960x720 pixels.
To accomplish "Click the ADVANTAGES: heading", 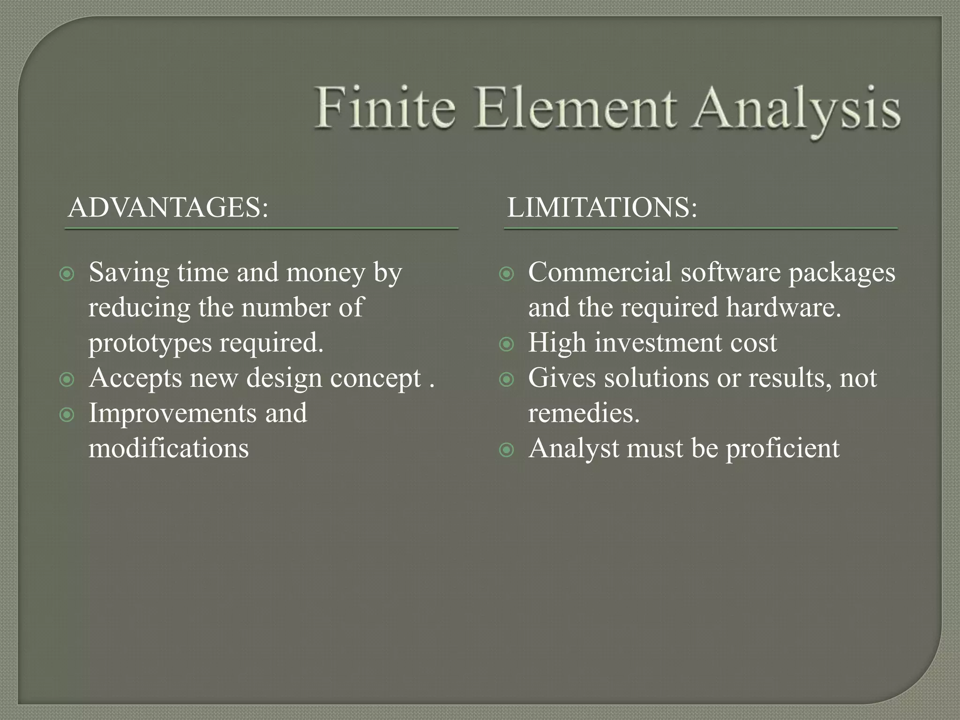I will pyautogui.click(x=168, y=208).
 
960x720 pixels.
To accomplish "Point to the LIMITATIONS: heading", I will pyautogui.click(x=602, y=208).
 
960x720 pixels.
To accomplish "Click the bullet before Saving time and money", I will pyautogui.click(x=67, y=274).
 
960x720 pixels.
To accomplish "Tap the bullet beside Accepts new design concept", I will pyautogui.click(x=67, y=379).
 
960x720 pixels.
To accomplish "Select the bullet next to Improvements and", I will pyautogui.click(x=67, y=414).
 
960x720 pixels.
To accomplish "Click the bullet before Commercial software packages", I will pyautogui.click(x=507, y=274).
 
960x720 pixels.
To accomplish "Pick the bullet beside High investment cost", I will pyautogui.click(x=507, y=344).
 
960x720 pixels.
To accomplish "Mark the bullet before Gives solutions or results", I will pyautogui.click(x=507, y=379).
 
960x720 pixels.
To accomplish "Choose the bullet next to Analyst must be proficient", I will pyautogui.click(x=507, y=450).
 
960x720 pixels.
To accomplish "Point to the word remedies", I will pyautogui.click(x=584, y=413).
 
